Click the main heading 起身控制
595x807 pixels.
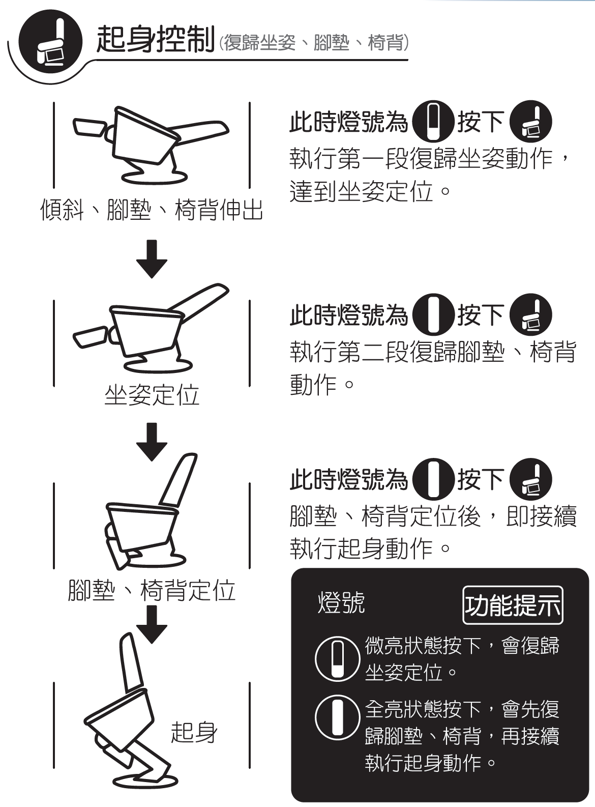pos(156,39)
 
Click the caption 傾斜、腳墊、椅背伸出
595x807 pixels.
pos(151,210)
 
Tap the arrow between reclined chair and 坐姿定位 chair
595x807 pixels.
pos(152,258)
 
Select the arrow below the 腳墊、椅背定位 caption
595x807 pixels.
pos(152,625)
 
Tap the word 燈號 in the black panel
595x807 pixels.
pos(341,603)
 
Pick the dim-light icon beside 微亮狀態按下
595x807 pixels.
pos(338,659)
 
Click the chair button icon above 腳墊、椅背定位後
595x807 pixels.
pos(531,479)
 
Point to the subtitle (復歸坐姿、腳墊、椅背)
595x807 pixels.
pos(314,43)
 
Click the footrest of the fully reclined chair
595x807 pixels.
pos(90,128)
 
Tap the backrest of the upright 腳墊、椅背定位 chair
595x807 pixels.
pos(178,480)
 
